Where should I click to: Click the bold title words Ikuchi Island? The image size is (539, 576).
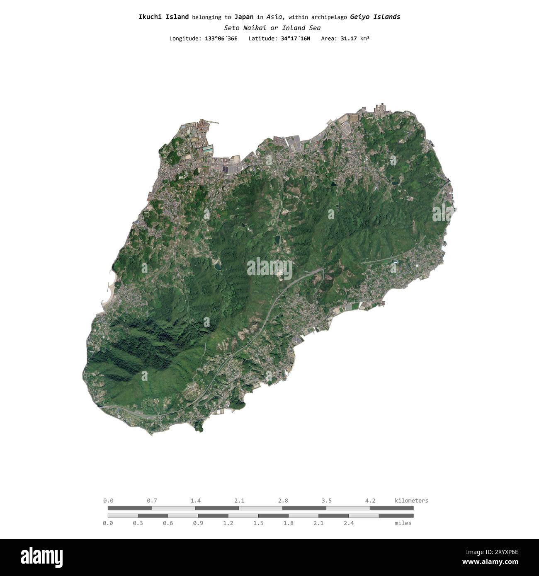click(163, 17)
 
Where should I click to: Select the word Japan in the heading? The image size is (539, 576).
click(244, 17)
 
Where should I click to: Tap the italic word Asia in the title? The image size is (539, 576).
click(275, 17)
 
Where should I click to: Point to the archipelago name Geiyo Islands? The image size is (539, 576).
click(375, 17)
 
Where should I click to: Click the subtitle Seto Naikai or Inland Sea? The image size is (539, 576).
click(272, 28)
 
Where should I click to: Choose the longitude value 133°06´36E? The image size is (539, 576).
click(221, 39)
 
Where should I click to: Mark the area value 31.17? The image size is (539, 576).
click(349, 39)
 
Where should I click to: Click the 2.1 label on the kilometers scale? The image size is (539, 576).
click(239, 501)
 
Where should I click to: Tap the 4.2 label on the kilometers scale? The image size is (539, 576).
click(370, 501)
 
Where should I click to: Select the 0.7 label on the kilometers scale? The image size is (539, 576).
click(152, 501)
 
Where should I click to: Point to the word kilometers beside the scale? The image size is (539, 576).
click(411, 501)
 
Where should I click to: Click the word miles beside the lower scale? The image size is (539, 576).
click(403, 523)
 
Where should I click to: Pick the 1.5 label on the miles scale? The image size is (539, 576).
click(258, 523)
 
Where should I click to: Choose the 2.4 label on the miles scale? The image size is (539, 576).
click(349, 523)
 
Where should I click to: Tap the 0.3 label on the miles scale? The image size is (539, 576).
click(138, 523)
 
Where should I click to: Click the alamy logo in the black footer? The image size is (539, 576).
click(42, 557)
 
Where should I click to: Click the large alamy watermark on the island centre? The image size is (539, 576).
click(269, 269)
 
